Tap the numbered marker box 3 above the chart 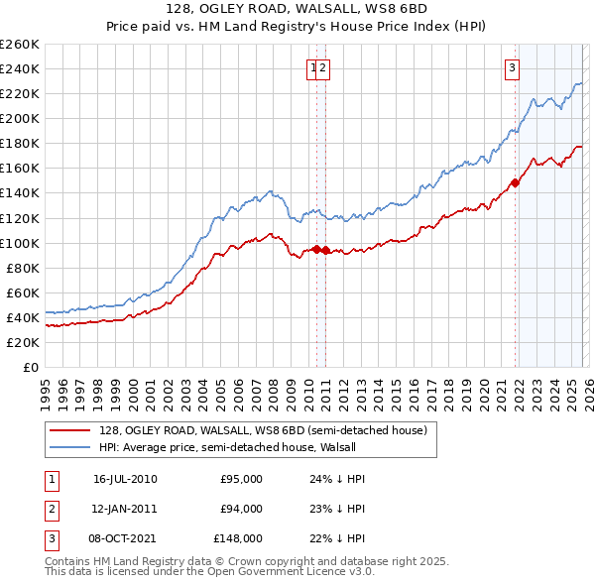512,68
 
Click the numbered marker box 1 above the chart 313,68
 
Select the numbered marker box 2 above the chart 324,68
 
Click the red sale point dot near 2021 515,182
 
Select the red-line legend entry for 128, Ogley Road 263,430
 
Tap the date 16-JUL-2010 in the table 125,479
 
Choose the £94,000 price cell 241,509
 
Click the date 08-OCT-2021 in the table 125,538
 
